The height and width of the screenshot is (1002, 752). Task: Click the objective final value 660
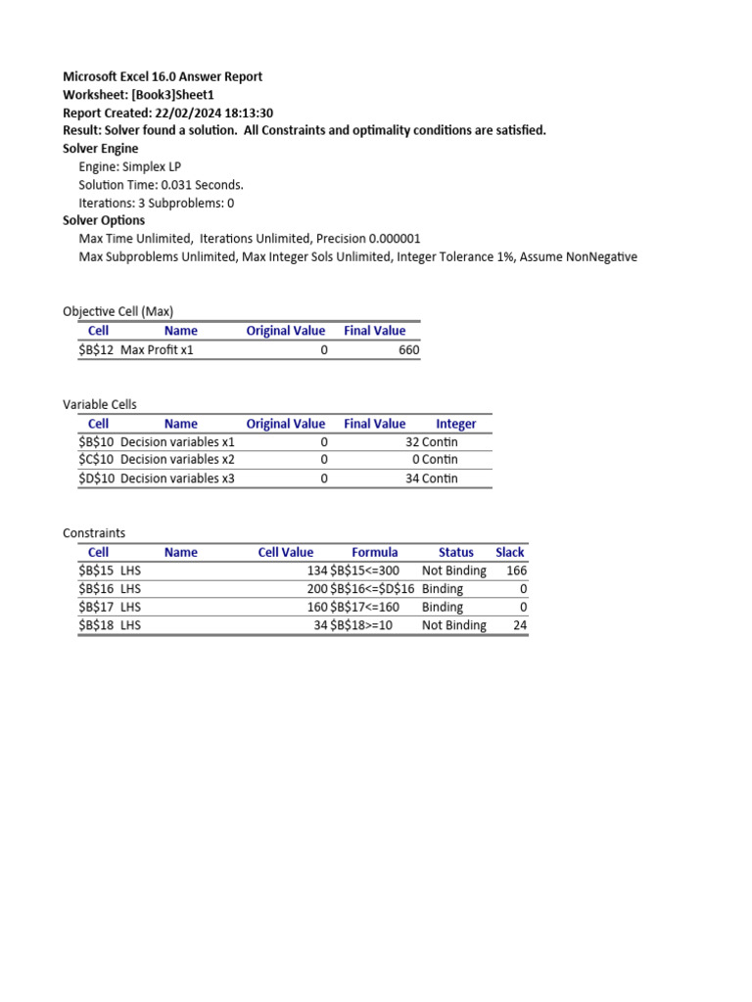[408, 349]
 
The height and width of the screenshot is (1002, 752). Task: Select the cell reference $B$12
[98, 349]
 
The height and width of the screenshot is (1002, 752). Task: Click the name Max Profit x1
[157, 349]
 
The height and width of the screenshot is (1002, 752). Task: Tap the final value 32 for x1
[412, 442]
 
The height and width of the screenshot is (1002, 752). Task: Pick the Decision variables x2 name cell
[177, 460]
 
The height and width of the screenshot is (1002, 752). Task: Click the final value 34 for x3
[412, 478]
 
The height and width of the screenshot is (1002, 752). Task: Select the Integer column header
[455, 424]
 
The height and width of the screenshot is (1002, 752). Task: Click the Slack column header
[509, 552]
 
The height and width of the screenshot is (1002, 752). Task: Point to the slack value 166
[516, 570]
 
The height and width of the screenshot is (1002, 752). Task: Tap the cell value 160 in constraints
[317, 607]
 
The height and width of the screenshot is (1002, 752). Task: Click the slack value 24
[520, 625]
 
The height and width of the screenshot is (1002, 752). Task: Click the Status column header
[455, 552]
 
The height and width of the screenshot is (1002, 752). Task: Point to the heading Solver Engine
[101, 149]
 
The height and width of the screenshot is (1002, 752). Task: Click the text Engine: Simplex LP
[130, 166]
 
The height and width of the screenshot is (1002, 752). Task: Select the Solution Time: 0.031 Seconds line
[161, 185]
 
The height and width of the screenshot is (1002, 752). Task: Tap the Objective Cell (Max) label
[117, 311]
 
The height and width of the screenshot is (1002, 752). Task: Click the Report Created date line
[167, 113]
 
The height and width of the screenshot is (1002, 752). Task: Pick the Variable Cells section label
[100, 404]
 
